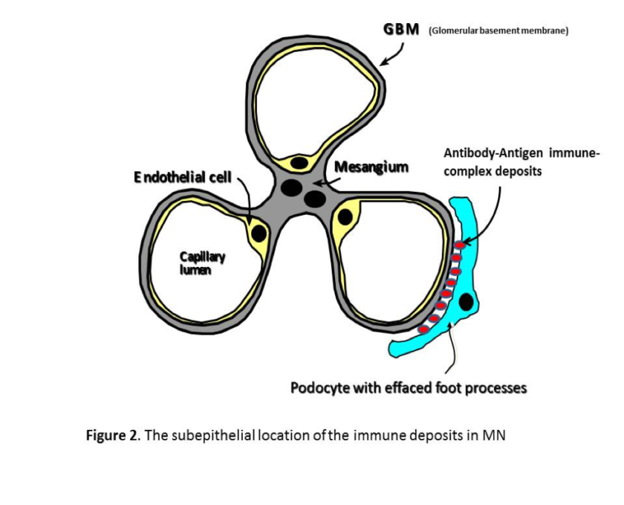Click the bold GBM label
[401, 30]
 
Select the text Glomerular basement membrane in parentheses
[498, 31]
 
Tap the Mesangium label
[371, 166]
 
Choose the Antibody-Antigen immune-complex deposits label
[520, 161]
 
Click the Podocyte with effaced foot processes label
[408, 388]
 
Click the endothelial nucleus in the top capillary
[299, 162]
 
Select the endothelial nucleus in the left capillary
[259, 233]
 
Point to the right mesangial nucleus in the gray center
[315, 199]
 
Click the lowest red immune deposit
[423, 329]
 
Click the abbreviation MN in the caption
[493, 435]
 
